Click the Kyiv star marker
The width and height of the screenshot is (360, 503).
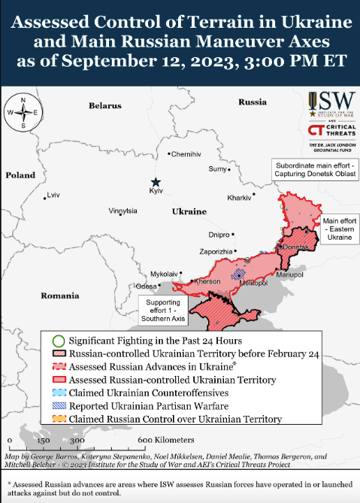pyautogui.click(x=156, y=182)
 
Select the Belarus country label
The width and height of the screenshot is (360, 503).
pyautogui.click(x=104, y=106)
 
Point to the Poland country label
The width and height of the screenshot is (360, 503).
pyautogui.click(x=20, y=174)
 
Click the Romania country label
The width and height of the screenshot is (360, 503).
pyautogui.click(x=60, y=295)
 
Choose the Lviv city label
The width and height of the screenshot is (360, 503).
pyautogui.click(x=53, y=195)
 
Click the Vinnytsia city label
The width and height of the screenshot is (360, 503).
pyautogui.click(x=123, y=211)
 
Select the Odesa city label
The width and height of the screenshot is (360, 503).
pyautogui.click(x=146, y=286)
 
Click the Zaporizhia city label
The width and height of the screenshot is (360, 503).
pyautogui.click(x=216, y=250)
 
